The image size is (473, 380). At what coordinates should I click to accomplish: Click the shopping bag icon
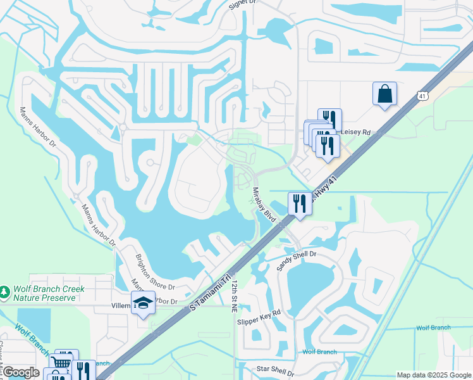(x=384, y=94)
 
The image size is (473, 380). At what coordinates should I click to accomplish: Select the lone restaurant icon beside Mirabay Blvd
(x=299, y=203)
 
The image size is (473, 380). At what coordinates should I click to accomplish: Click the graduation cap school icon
(x=143, y=303)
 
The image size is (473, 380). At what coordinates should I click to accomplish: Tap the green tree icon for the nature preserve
(x=6, y=293)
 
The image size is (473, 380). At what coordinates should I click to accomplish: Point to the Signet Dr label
(x=242, y=3)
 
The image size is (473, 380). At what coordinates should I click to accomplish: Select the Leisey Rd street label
(x=356, y=132)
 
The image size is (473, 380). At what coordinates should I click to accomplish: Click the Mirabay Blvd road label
(x=265, y=205)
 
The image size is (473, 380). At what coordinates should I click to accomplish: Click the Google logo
(x=21, y=372)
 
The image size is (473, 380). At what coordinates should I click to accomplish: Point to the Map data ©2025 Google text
(x=433, y=375)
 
